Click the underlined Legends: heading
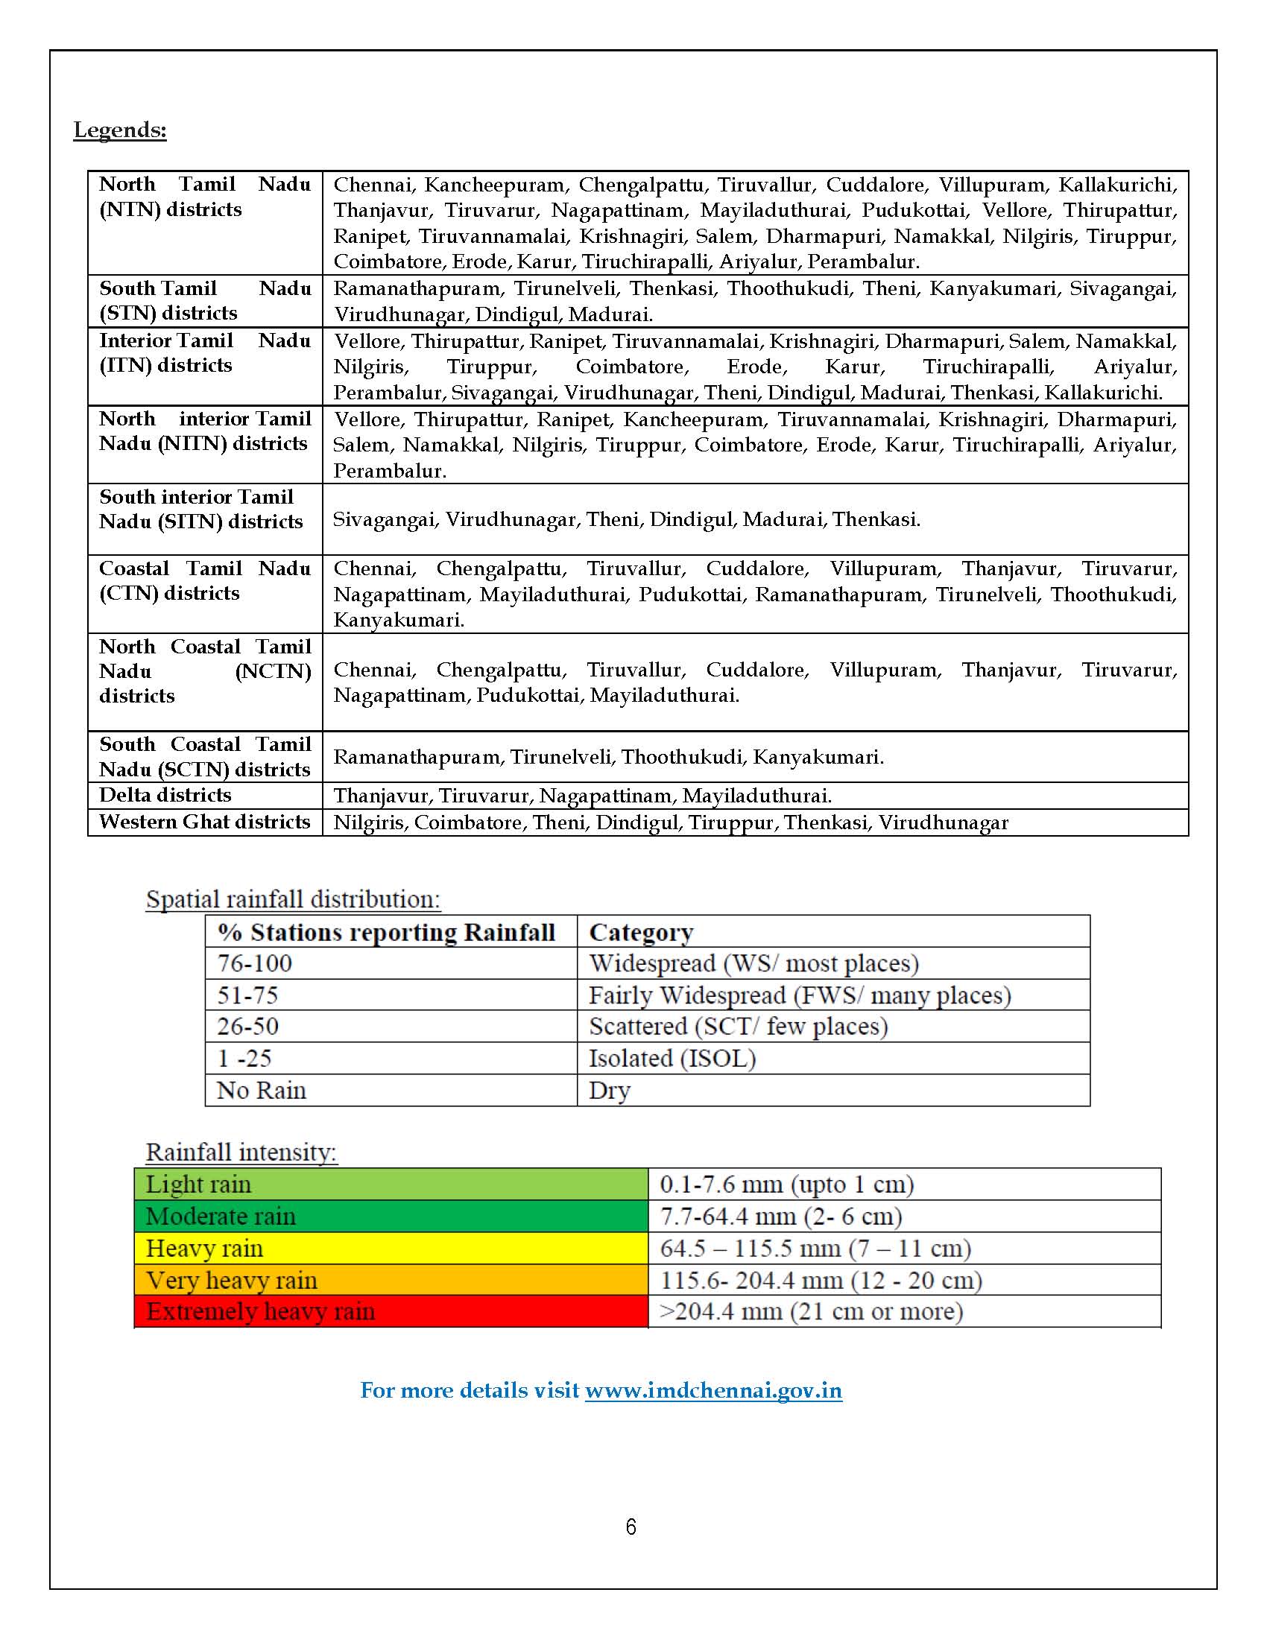pyautogui.click(x=120, y=130)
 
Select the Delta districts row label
pyautogui.click(x=165, y=795)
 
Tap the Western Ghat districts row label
pyautogui.click(x=204, y=822)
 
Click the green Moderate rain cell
pyautogui.click(x=391, y=1216)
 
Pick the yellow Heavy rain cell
pyautogui.click(x=391, y=1248)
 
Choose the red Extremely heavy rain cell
pyautogui.click(x=391, y=1311)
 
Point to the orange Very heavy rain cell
pyautogui.click(x=391, y=1279)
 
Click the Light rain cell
pyautogui.click(x=391, y=1185)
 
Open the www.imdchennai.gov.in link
pyautogui.click(x=713, y=1391)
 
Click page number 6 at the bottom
pyautogui.click(x=631, y=1527)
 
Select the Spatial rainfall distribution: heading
pyautogui.click(x=293, y=899)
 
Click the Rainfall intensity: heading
pyautogui.click(x=241, y=1152)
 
